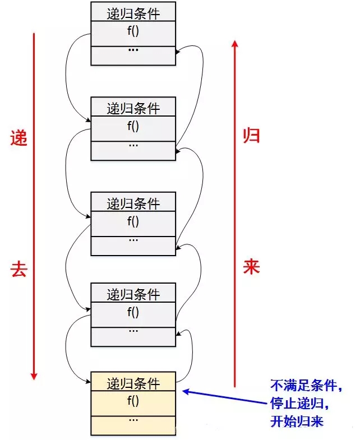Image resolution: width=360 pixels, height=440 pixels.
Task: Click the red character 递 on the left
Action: pyautogui.click(x=19, y=138)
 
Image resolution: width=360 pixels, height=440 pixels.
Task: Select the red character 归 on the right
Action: pyautogui.click(x=251, y=135)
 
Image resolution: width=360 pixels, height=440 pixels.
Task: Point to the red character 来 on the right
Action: pyautogui.click(x=251, y=266)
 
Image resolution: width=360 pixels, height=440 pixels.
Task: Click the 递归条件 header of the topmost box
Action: pyautogui.click(x=133, y=13)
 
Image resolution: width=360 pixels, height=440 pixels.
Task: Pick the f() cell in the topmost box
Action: pyautogui.click(x=133, y=31)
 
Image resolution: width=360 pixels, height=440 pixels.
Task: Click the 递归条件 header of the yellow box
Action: pyautogui.click(x=133, y=383)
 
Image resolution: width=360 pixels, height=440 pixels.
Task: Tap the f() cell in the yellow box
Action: pyautogui.click(x=133, y=401)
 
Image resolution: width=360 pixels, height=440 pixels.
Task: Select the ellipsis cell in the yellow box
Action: pyautogui.click(x=133, y=420)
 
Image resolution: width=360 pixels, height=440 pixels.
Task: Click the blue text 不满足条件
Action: pyautogui.click(x=306, y=386)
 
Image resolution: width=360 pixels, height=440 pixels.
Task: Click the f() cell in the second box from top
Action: pyautogui.click(x=133, y=126)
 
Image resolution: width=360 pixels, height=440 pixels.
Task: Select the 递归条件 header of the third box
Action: pyautogui.click(x=133, y=203)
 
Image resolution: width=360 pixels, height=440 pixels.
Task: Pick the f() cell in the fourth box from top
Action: pyautogui.click(x=133, y=312)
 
